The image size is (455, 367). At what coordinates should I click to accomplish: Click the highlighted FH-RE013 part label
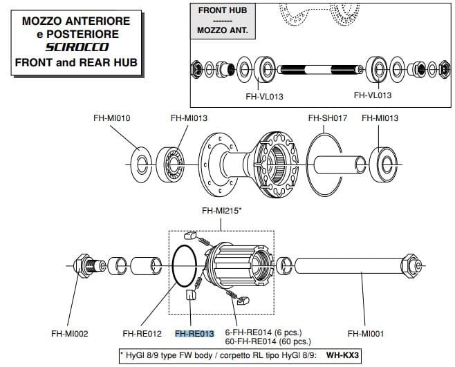tap(195, 333)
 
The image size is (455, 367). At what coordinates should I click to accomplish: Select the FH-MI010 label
tap(112, 118)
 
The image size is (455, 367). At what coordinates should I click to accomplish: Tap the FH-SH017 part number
tap(327, 118)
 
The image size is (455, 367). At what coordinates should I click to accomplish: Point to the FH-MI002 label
tap(69, 333)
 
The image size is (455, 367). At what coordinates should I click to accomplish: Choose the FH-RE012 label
tap(142, 333)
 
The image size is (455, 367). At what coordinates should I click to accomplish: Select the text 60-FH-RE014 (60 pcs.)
tap(268, 341)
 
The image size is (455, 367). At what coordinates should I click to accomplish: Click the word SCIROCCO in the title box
tap(76, 48)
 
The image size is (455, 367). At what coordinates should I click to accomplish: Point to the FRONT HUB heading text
tap(222, 10)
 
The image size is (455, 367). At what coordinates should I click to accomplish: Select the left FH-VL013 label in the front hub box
tap(265, 96)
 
